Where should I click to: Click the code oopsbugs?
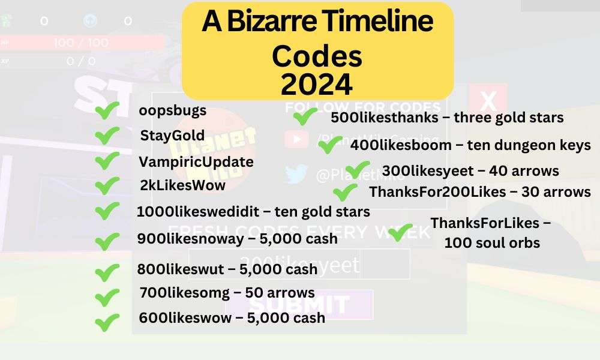pyautogui.click(x=173, y=111)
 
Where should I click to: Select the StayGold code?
pyautogui.click(x=172, y=136)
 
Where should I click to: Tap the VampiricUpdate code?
pyautogui.click(x=196, y=161)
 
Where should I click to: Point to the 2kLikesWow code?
pyautogui.click(x=182, y=185)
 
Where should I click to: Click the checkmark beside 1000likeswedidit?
pyautogui.click(x=107, y=211)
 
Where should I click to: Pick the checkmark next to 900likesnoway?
pyautogui.click(x=107, y=241)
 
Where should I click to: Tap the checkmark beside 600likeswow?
pyautogui.click(x=107, y=322)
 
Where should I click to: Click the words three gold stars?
pyautogui.click(x=509, y=117)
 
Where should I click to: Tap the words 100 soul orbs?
pyautogui.click(x=492, y=243)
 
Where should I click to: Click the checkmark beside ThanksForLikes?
pyautogui.click(x=400, y=232)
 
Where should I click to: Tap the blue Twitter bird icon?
pyautogui.click(x=296, y=175)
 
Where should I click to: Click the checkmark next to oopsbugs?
pyautogui.click(x=107, y=111)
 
